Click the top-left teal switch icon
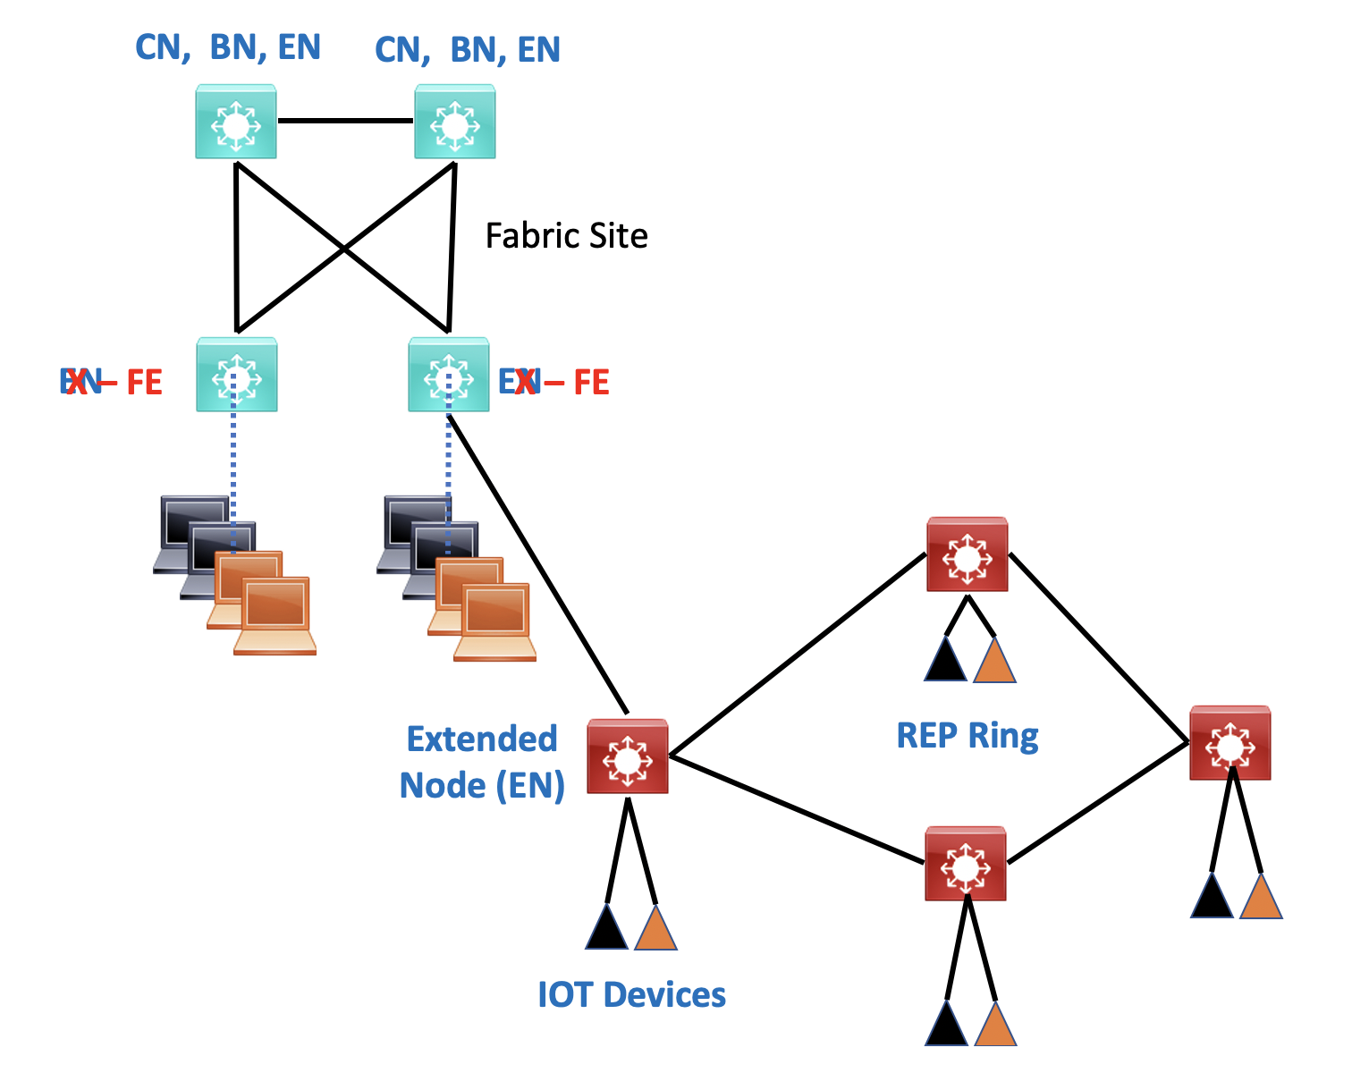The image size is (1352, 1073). [236, 122]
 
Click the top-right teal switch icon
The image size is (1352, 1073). [454, 122]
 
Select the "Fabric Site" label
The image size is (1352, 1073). [566, 236]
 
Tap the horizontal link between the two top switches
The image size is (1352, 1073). [345, 121]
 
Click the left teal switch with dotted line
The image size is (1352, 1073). [237, 375]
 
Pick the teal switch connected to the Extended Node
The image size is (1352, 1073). [448, 375]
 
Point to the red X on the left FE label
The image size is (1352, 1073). [78, 383]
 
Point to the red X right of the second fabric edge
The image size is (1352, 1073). [527, 383]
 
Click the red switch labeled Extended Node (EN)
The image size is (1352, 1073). [628, 756]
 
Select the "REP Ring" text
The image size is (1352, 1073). [968, 736]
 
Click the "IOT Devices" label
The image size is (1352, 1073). [631, 994]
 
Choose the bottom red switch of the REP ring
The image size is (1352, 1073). [966, 864]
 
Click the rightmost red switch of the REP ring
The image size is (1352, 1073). [1229, 743]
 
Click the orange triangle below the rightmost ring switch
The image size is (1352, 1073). [1261, 900]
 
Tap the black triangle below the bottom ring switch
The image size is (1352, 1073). [946, 1027]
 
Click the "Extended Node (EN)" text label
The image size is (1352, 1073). [482, 762]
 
